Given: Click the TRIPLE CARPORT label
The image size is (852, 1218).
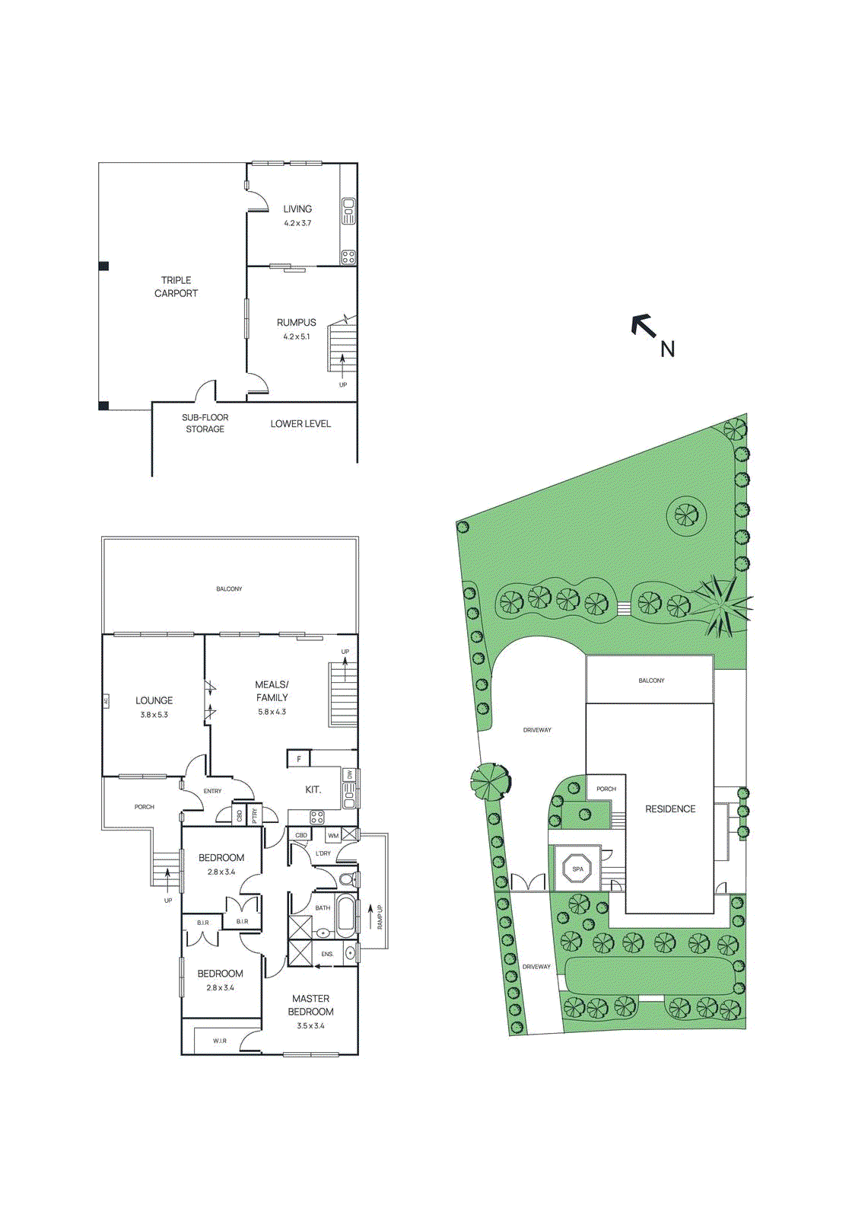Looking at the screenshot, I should pos(176,287).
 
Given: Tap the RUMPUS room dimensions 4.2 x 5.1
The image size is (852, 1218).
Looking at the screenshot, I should pos(296,336).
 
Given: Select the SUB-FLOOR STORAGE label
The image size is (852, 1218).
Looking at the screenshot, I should pos(205,423).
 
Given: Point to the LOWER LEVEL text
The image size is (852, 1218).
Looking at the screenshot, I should pos(300,424).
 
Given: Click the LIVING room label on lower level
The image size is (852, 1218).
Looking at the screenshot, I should pos(297,209).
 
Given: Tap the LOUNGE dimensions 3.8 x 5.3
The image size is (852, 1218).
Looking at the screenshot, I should pos(154,715).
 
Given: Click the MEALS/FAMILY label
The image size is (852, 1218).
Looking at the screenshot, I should pos(272,690).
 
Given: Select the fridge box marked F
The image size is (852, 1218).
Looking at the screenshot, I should pos(299,759).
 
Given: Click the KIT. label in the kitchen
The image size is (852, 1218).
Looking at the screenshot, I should pos(313,789).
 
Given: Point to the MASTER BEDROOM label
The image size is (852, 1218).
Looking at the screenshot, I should pos(310,1005).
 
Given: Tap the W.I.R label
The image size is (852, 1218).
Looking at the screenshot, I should pos(219,1041).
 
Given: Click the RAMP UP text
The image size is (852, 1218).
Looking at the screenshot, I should pos(380,917).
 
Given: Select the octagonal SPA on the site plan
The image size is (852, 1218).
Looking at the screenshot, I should pos(577,869).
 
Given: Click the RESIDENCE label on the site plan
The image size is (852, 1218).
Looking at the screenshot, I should pos(670,808).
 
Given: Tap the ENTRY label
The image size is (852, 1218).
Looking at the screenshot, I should pos(212,791).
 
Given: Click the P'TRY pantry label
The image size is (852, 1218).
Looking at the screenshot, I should pos(255,815).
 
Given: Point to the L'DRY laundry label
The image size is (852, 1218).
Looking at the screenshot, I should pos(323,853).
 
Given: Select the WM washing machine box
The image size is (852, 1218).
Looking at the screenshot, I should pos(333,835).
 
